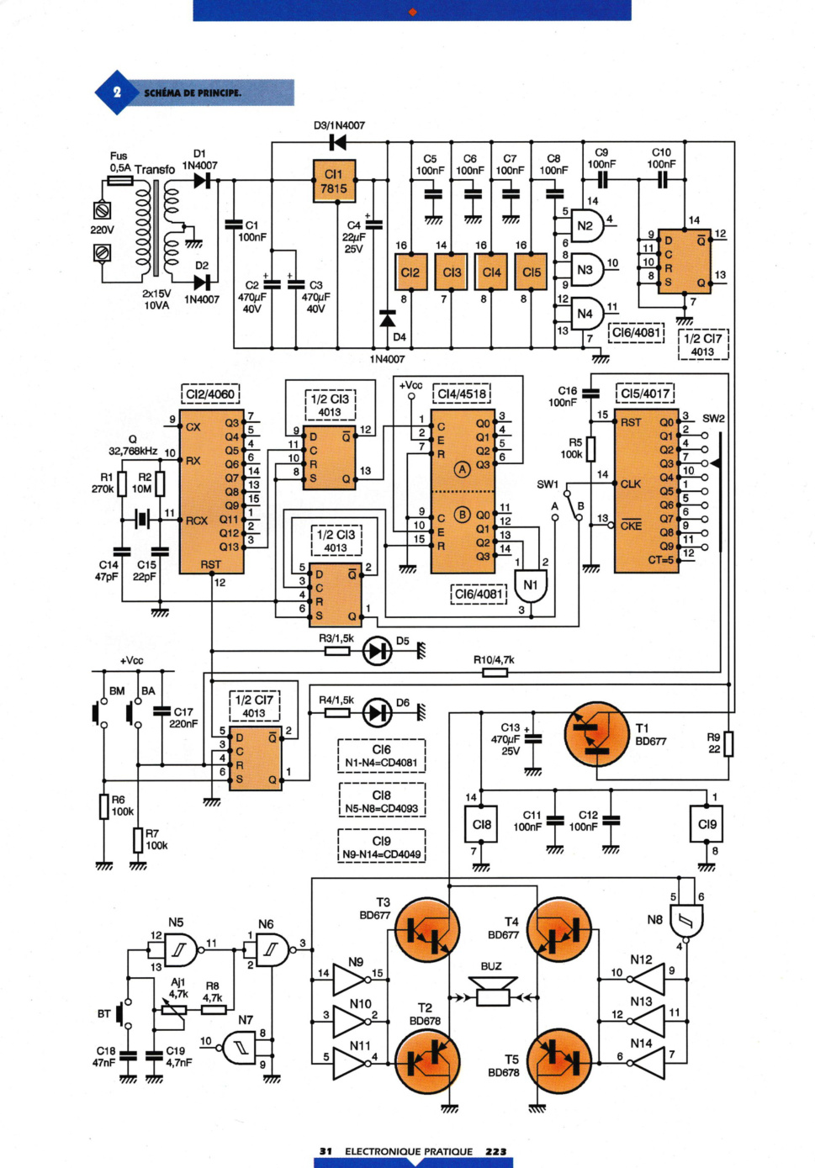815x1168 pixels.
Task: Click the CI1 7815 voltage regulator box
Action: click(334, 181)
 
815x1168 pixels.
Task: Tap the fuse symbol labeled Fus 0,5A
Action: click(119, 181)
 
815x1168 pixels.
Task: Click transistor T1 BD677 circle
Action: click(597, 733)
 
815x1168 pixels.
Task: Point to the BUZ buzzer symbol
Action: click(493, 991)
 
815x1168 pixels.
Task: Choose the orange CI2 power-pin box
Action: click(411, 272)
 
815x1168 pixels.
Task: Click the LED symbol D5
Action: click(378, 651)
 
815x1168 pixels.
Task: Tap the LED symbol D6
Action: click(378, 712)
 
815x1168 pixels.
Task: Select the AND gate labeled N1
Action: click(531, 585)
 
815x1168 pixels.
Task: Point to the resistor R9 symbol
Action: click(728, 743)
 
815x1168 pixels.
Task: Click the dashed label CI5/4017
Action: click(645, 394)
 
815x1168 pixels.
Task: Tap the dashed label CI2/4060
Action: click(210, 394)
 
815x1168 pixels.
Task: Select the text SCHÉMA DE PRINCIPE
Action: click(193, 93)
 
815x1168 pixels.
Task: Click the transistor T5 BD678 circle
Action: click(559, 1060)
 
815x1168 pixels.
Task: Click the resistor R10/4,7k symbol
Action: click(495, 673)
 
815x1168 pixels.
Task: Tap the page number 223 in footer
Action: click(496, 1151)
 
